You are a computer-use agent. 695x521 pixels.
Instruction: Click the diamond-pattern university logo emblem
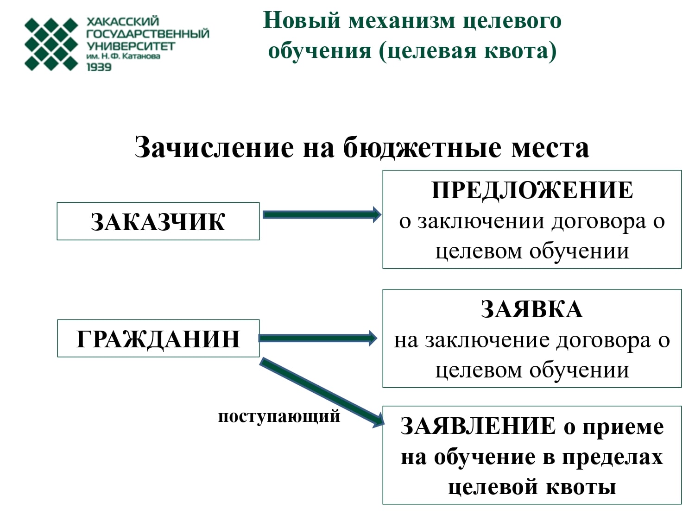click(x=51, y=44)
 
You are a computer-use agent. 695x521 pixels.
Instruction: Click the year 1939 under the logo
click(x=99, y=67)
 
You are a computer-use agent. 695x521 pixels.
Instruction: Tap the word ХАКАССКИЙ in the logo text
click(x=122, y=21)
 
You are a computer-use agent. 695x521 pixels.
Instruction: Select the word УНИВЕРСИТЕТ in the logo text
click(x=131, y=46)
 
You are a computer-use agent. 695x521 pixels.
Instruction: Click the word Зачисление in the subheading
click(x=214, y=147)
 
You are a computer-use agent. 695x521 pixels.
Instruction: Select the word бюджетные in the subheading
click(x=422, y=147)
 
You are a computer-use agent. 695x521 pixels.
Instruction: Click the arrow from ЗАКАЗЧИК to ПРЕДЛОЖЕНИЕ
click(x=322, y=215)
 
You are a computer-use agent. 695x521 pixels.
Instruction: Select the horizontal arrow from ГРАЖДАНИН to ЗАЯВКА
click(x=318, y=338)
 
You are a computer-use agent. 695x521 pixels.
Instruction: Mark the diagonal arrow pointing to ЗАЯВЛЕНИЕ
click(x=322, y=393)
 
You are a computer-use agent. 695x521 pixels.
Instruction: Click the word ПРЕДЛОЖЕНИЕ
click(x=532, y=191)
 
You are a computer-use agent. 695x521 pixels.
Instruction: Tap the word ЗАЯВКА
click(x=531, y=309)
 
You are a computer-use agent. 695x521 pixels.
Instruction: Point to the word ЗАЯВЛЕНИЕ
click(x=478, y=426)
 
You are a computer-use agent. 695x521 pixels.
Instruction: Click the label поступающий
click(x=279, y=416)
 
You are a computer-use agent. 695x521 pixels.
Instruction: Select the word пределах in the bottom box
click(x=613, y=458)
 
